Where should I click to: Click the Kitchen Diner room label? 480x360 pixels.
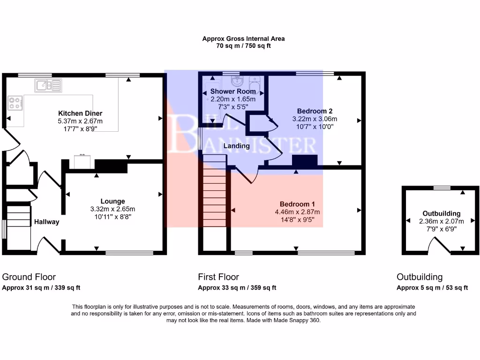click(x=80, y=113)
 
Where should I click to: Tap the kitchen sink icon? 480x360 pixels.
click(x=48, y=85)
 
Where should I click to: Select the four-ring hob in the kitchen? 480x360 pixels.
click(x=15, y=103)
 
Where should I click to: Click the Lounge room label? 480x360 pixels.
click(x=112, y=202)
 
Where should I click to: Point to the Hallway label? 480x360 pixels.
click(x=46, y=222)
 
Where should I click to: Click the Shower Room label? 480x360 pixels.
click(x=232, y=91)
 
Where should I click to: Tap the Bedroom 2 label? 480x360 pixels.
click(x=315, y=111)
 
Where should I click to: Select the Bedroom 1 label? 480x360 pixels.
click(x=297, y=204)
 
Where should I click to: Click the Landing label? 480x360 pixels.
click(x=236, y=146)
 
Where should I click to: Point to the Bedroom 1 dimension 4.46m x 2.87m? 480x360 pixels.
click(x=297, y=211)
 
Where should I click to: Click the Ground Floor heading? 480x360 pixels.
click(x=29, y=277)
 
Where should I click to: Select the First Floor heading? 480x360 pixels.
click(x=218, y=277)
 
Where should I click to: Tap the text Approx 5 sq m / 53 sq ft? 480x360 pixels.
click(x=432, y=288)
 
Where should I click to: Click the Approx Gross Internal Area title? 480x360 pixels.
click(x=243, y=39)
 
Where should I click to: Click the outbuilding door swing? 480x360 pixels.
click(x=439, y=245)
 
